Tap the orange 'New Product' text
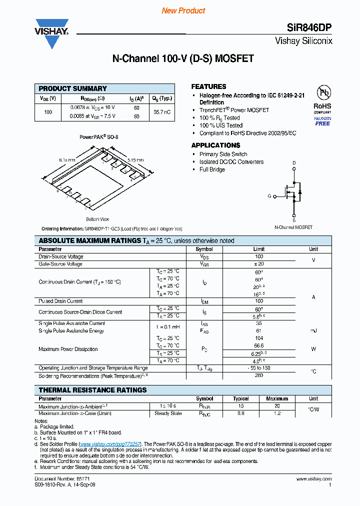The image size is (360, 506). coord(183,10)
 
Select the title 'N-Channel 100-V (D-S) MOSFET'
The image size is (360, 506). coord(182,58)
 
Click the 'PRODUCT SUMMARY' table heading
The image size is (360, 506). coord(73,88)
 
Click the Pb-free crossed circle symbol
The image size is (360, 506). coord(322,93)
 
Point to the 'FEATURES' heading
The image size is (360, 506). coord(208,86)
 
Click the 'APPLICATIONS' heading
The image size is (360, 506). coord(215,145)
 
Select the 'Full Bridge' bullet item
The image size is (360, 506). coord(212,169)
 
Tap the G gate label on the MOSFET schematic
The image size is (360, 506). coord(269,196)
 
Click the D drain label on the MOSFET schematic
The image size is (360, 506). coord(294,163)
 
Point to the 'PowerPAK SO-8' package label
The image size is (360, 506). coord(99,136)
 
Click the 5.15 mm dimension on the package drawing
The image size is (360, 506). coord(135,160)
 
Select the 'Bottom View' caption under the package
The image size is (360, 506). coord(97,219)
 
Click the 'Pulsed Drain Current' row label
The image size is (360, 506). coord(60,301)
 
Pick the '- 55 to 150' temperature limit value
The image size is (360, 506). coord(259,368)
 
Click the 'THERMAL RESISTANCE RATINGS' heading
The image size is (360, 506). coord(92,390)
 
